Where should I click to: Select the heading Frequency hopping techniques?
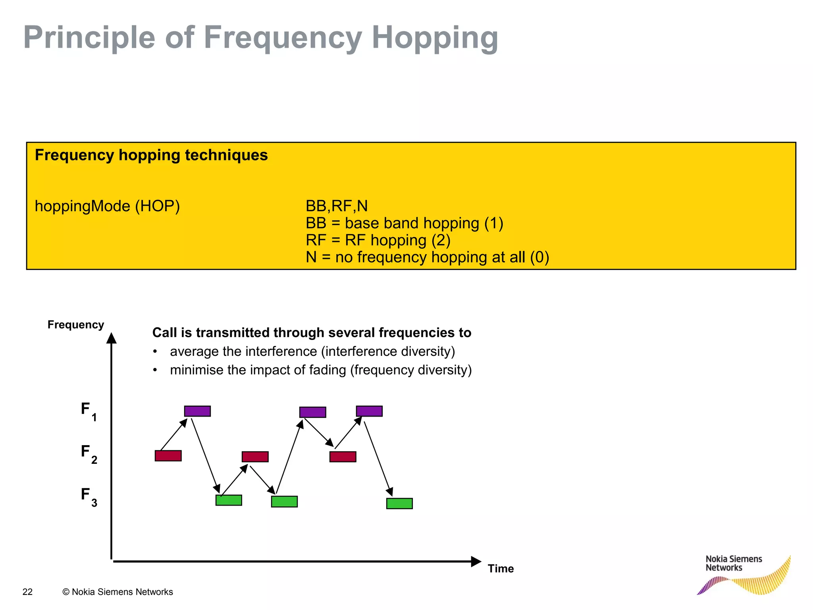point(151,155)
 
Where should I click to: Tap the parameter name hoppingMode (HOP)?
point(107,206)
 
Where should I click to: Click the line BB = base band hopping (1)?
point(404,223)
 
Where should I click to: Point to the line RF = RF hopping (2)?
point(378,240)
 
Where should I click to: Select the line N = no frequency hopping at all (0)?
point(427,257)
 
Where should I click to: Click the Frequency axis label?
point(75,324)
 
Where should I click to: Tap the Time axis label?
point(501,568)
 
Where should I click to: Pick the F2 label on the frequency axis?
point(89,453)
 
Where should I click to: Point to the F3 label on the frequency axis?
point(89,496)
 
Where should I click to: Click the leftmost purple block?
point(197,411)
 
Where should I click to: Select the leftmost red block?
point(168,456)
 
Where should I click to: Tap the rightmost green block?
point(399,504)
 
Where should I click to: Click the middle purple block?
point(312,412)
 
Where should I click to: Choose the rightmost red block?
point(343,457)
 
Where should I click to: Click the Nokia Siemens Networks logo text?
point(733,563)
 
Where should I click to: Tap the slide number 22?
point(27,592)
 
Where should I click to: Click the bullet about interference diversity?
point(312,351)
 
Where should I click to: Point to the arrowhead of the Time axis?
point(476,561)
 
